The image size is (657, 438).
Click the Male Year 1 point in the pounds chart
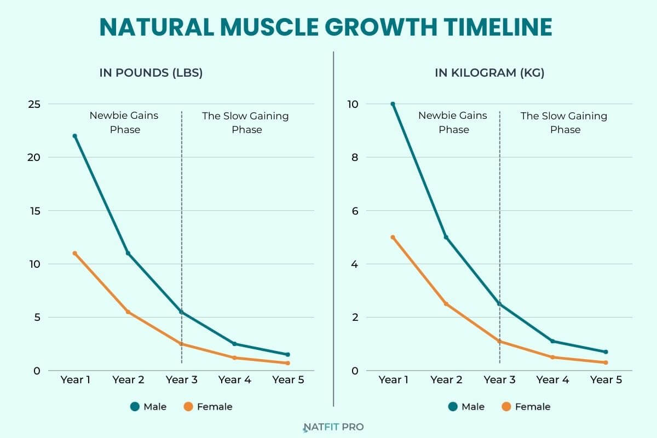[74, 136]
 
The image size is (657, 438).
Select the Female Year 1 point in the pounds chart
[74, 253]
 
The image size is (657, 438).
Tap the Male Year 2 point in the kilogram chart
[446, 238]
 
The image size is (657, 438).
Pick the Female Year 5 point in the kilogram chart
[606, 362]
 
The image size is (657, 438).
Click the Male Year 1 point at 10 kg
[393, 104]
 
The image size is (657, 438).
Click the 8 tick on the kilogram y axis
[354, 158]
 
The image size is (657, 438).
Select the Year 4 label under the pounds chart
[234, 380]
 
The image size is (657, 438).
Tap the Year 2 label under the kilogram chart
[446, 380]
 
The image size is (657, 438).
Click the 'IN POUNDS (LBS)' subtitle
[151, 73]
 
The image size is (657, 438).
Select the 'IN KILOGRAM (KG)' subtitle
[489, 73]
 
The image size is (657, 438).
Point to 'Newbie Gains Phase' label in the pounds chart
[124, 123]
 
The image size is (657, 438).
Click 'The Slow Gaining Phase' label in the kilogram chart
[564, 123]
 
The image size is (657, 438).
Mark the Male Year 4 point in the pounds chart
[234, 344]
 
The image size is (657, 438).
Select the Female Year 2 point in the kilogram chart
[446, 304]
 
